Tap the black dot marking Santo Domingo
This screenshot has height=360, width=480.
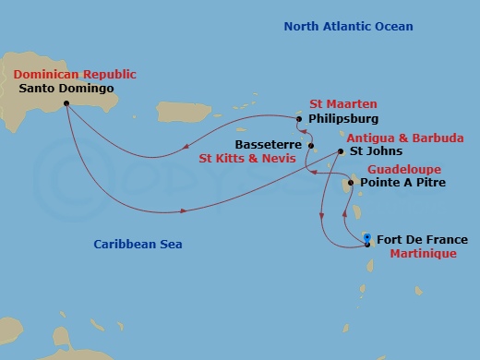(x=66, y=103)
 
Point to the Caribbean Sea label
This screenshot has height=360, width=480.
(x=138, y=245)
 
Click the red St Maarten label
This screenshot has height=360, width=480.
(x=342, y=104)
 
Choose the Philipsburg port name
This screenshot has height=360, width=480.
(x=342, y=119)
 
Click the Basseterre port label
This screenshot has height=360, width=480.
(x=269, y=145)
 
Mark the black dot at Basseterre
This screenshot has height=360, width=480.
(x=311, y=146)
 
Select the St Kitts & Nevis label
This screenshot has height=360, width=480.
(x=248, y=158)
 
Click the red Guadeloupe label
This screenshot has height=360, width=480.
(x=404, y=170)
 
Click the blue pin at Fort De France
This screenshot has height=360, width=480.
(x=367, y=238)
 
